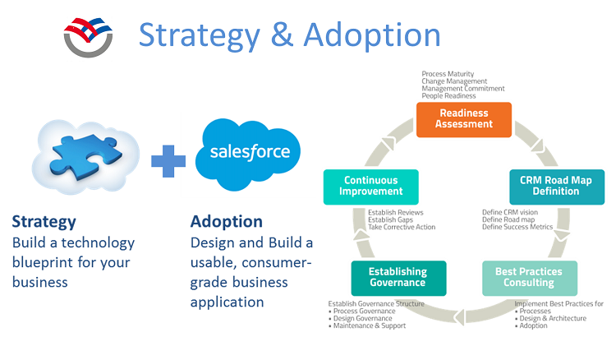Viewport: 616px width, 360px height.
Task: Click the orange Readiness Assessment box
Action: coord(464,119)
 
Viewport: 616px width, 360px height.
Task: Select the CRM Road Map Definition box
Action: coord(556,187)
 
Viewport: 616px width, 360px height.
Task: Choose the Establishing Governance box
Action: coord(398,278)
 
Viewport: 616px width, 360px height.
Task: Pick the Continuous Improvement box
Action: coord(371,187)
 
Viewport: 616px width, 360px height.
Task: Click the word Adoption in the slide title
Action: coord(372,35)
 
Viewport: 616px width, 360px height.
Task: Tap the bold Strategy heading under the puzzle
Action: coord(44,222)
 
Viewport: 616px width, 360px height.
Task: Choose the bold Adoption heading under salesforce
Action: coord(227,222)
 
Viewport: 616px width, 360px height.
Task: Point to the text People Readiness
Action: coord(449,96)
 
